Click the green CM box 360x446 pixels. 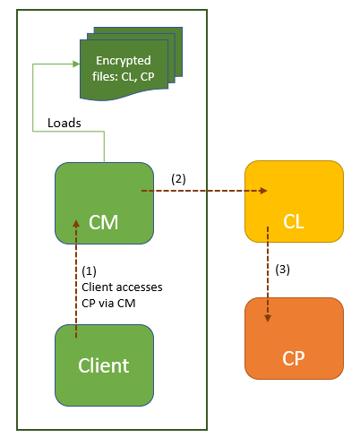coord(104,203)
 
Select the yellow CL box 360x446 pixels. coord(294,202)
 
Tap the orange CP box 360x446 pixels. coord(294,339)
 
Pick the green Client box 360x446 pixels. coord(104,365)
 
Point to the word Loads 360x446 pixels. coord(64,123)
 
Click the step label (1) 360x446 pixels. coord(89,270)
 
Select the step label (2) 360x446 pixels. coord(178,179)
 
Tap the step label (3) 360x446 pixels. coord(282,270)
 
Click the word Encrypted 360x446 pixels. coord(124,61)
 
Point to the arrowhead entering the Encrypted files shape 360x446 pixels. coord(76,64)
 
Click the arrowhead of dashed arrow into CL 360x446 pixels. coord(263,191)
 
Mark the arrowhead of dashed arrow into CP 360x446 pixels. coord(268,318)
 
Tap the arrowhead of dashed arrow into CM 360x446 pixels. coord(76,224)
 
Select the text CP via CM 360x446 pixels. coord(108,304)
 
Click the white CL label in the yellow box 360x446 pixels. coord(294,222)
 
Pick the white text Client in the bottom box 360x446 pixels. coord(104,365)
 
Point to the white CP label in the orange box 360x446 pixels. coord(294,358)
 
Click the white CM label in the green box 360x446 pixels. coord(104,222)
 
